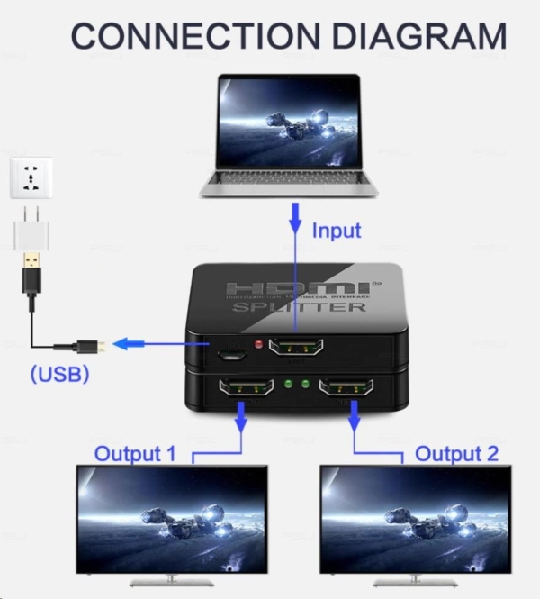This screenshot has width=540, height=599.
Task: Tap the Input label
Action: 336,231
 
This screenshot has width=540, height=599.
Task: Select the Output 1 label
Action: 135,453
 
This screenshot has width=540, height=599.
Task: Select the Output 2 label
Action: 456,453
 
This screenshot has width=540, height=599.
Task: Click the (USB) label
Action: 59,374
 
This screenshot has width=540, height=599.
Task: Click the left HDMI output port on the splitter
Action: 246,389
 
